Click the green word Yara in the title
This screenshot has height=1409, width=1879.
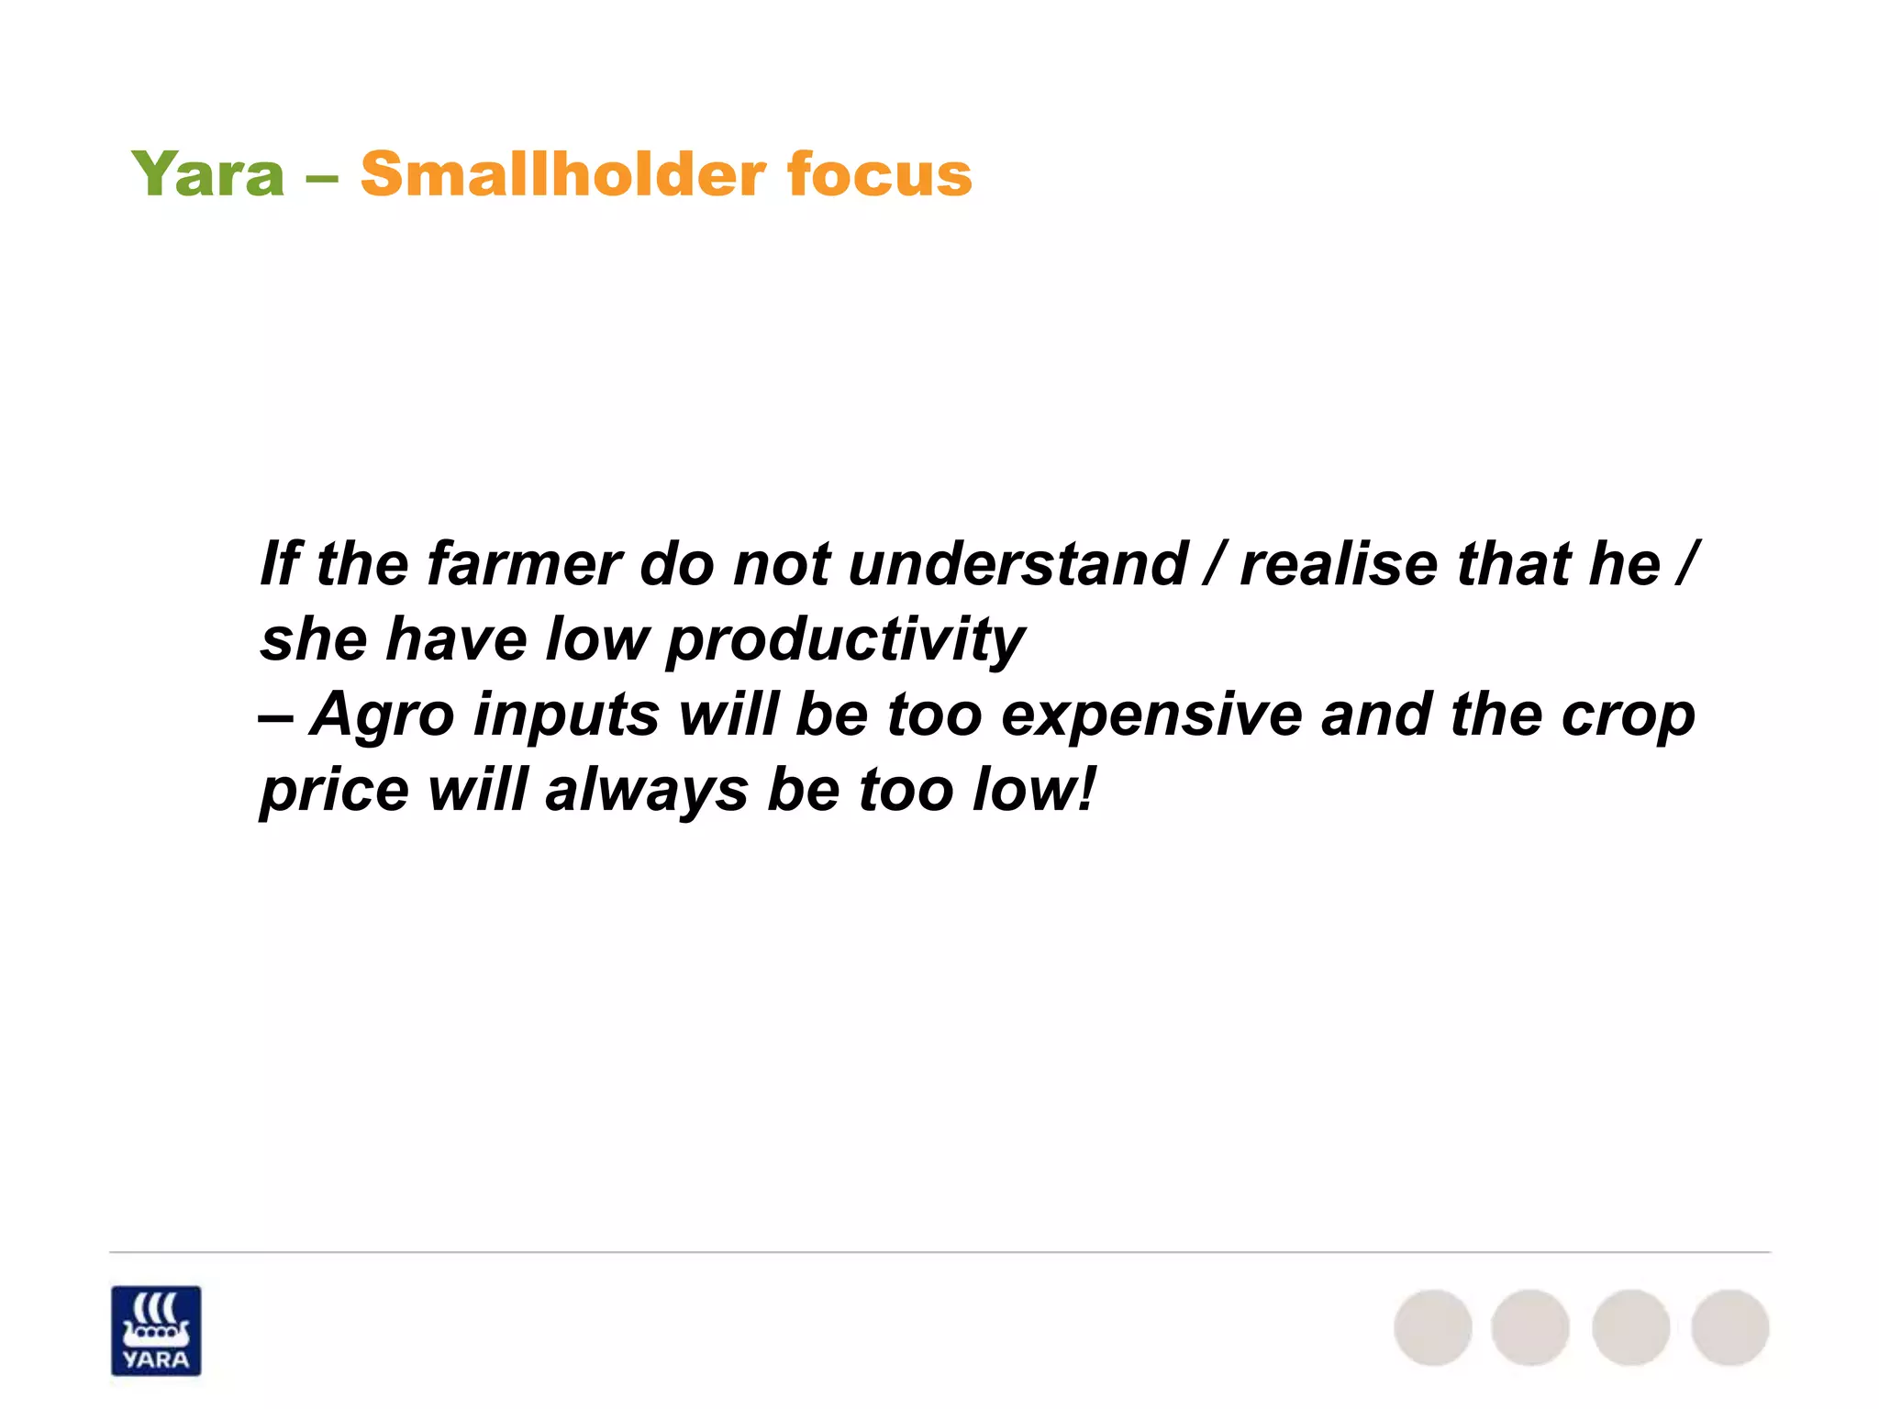(208, 174)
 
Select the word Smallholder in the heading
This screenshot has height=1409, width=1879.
(561, 174)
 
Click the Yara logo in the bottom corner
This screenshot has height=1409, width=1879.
(156, 1330)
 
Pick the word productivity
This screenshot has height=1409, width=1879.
(845, 640)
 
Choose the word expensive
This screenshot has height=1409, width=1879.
(1151, 716)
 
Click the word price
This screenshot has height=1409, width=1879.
(334, 791)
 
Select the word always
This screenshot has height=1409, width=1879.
(646, 791)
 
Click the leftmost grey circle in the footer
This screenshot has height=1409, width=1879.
(1433, 1327)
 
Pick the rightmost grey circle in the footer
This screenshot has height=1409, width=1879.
(1729, 1327)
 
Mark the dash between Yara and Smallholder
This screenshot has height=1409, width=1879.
(322, 176)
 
